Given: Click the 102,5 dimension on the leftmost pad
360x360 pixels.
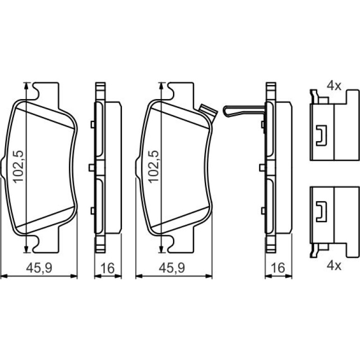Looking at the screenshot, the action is (18, 166).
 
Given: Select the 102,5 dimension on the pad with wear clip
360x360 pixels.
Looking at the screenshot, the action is (153, 166).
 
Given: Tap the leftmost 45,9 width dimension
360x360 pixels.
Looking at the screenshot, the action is (39, 268).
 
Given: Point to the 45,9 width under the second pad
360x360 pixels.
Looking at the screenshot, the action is (172, 268).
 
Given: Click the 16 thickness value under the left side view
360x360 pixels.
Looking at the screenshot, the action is (108, 268).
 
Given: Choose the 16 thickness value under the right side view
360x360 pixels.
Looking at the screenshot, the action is (278, 268).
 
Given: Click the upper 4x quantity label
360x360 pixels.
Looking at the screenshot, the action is (334, 86).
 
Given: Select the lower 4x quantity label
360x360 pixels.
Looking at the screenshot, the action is (334, 266).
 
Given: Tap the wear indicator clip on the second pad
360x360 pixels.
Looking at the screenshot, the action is (208, 111).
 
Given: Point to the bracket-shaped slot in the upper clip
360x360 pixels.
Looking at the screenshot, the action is (321, 136).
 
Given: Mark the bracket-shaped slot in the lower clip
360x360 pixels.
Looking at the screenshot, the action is (321, 211).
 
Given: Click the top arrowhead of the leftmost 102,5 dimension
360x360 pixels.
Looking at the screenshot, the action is (26, 85).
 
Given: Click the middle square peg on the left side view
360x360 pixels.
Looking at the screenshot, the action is (91, 167).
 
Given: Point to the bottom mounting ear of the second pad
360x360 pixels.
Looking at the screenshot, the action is (181, 244).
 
